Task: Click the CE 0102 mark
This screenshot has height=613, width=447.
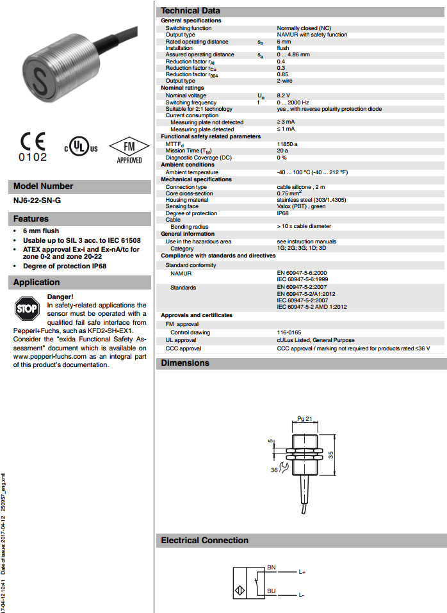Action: [x=33, y=147]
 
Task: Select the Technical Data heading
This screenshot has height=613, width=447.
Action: [x=190, y=10]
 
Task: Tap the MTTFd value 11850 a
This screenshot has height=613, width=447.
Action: [x=287, y=144]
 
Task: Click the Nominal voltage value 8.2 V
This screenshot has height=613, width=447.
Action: [x=284, y=95]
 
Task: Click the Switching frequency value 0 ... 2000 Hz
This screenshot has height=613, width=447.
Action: [x=293, y=102]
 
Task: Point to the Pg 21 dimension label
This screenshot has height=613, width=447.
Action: [x=304, y=418]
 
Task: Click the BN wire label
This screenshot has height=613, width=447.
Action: [x=272, y=568]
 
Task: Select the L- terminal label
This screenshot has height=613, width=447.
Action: [x=300, y=596]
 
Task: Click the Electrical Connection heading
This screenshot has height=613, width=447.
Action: [x=204, y=541]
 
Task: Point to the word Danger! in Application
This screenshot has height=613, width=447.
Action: [x=60, y=297]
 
